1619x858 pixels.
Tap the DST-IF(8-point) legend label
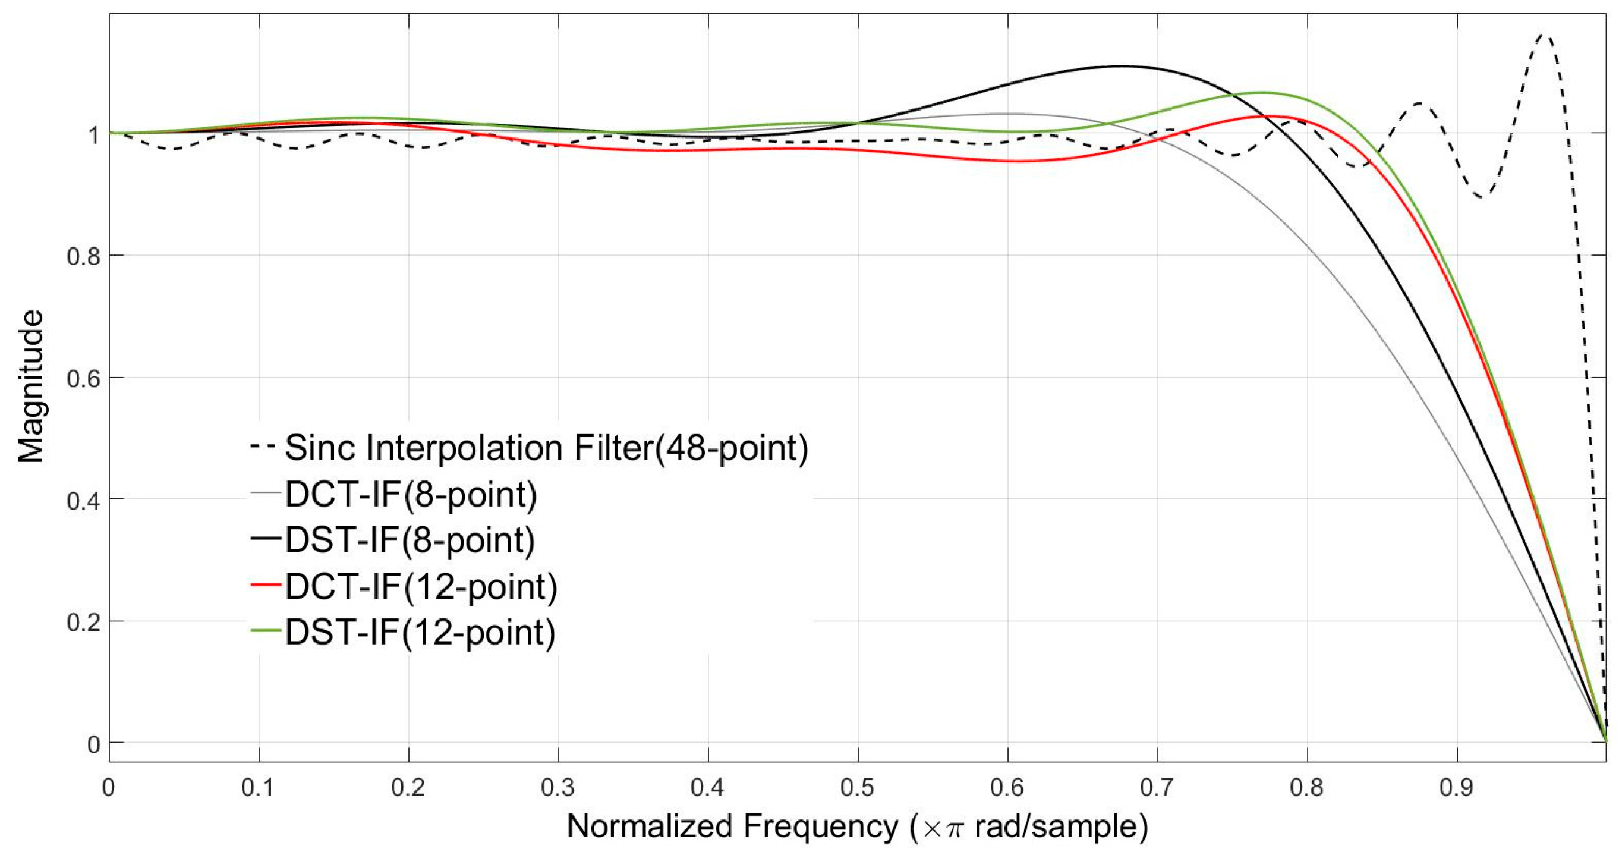coord(409,540)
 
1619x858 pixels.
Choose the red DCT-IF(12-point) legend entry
coord(420,586)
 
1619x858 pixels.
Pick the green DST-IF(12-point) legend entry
coord(420,631)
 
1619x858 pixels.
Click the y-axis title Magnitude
coord(30,386)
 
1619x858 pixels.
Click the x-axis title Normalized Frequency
coord(732,826)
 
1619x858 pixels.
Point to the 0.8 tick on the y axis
coord(83,256)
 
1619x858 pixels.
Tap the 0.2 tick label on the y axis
coord(83,623)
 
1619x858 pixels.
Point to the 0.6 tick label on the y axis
coord(83,378)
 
